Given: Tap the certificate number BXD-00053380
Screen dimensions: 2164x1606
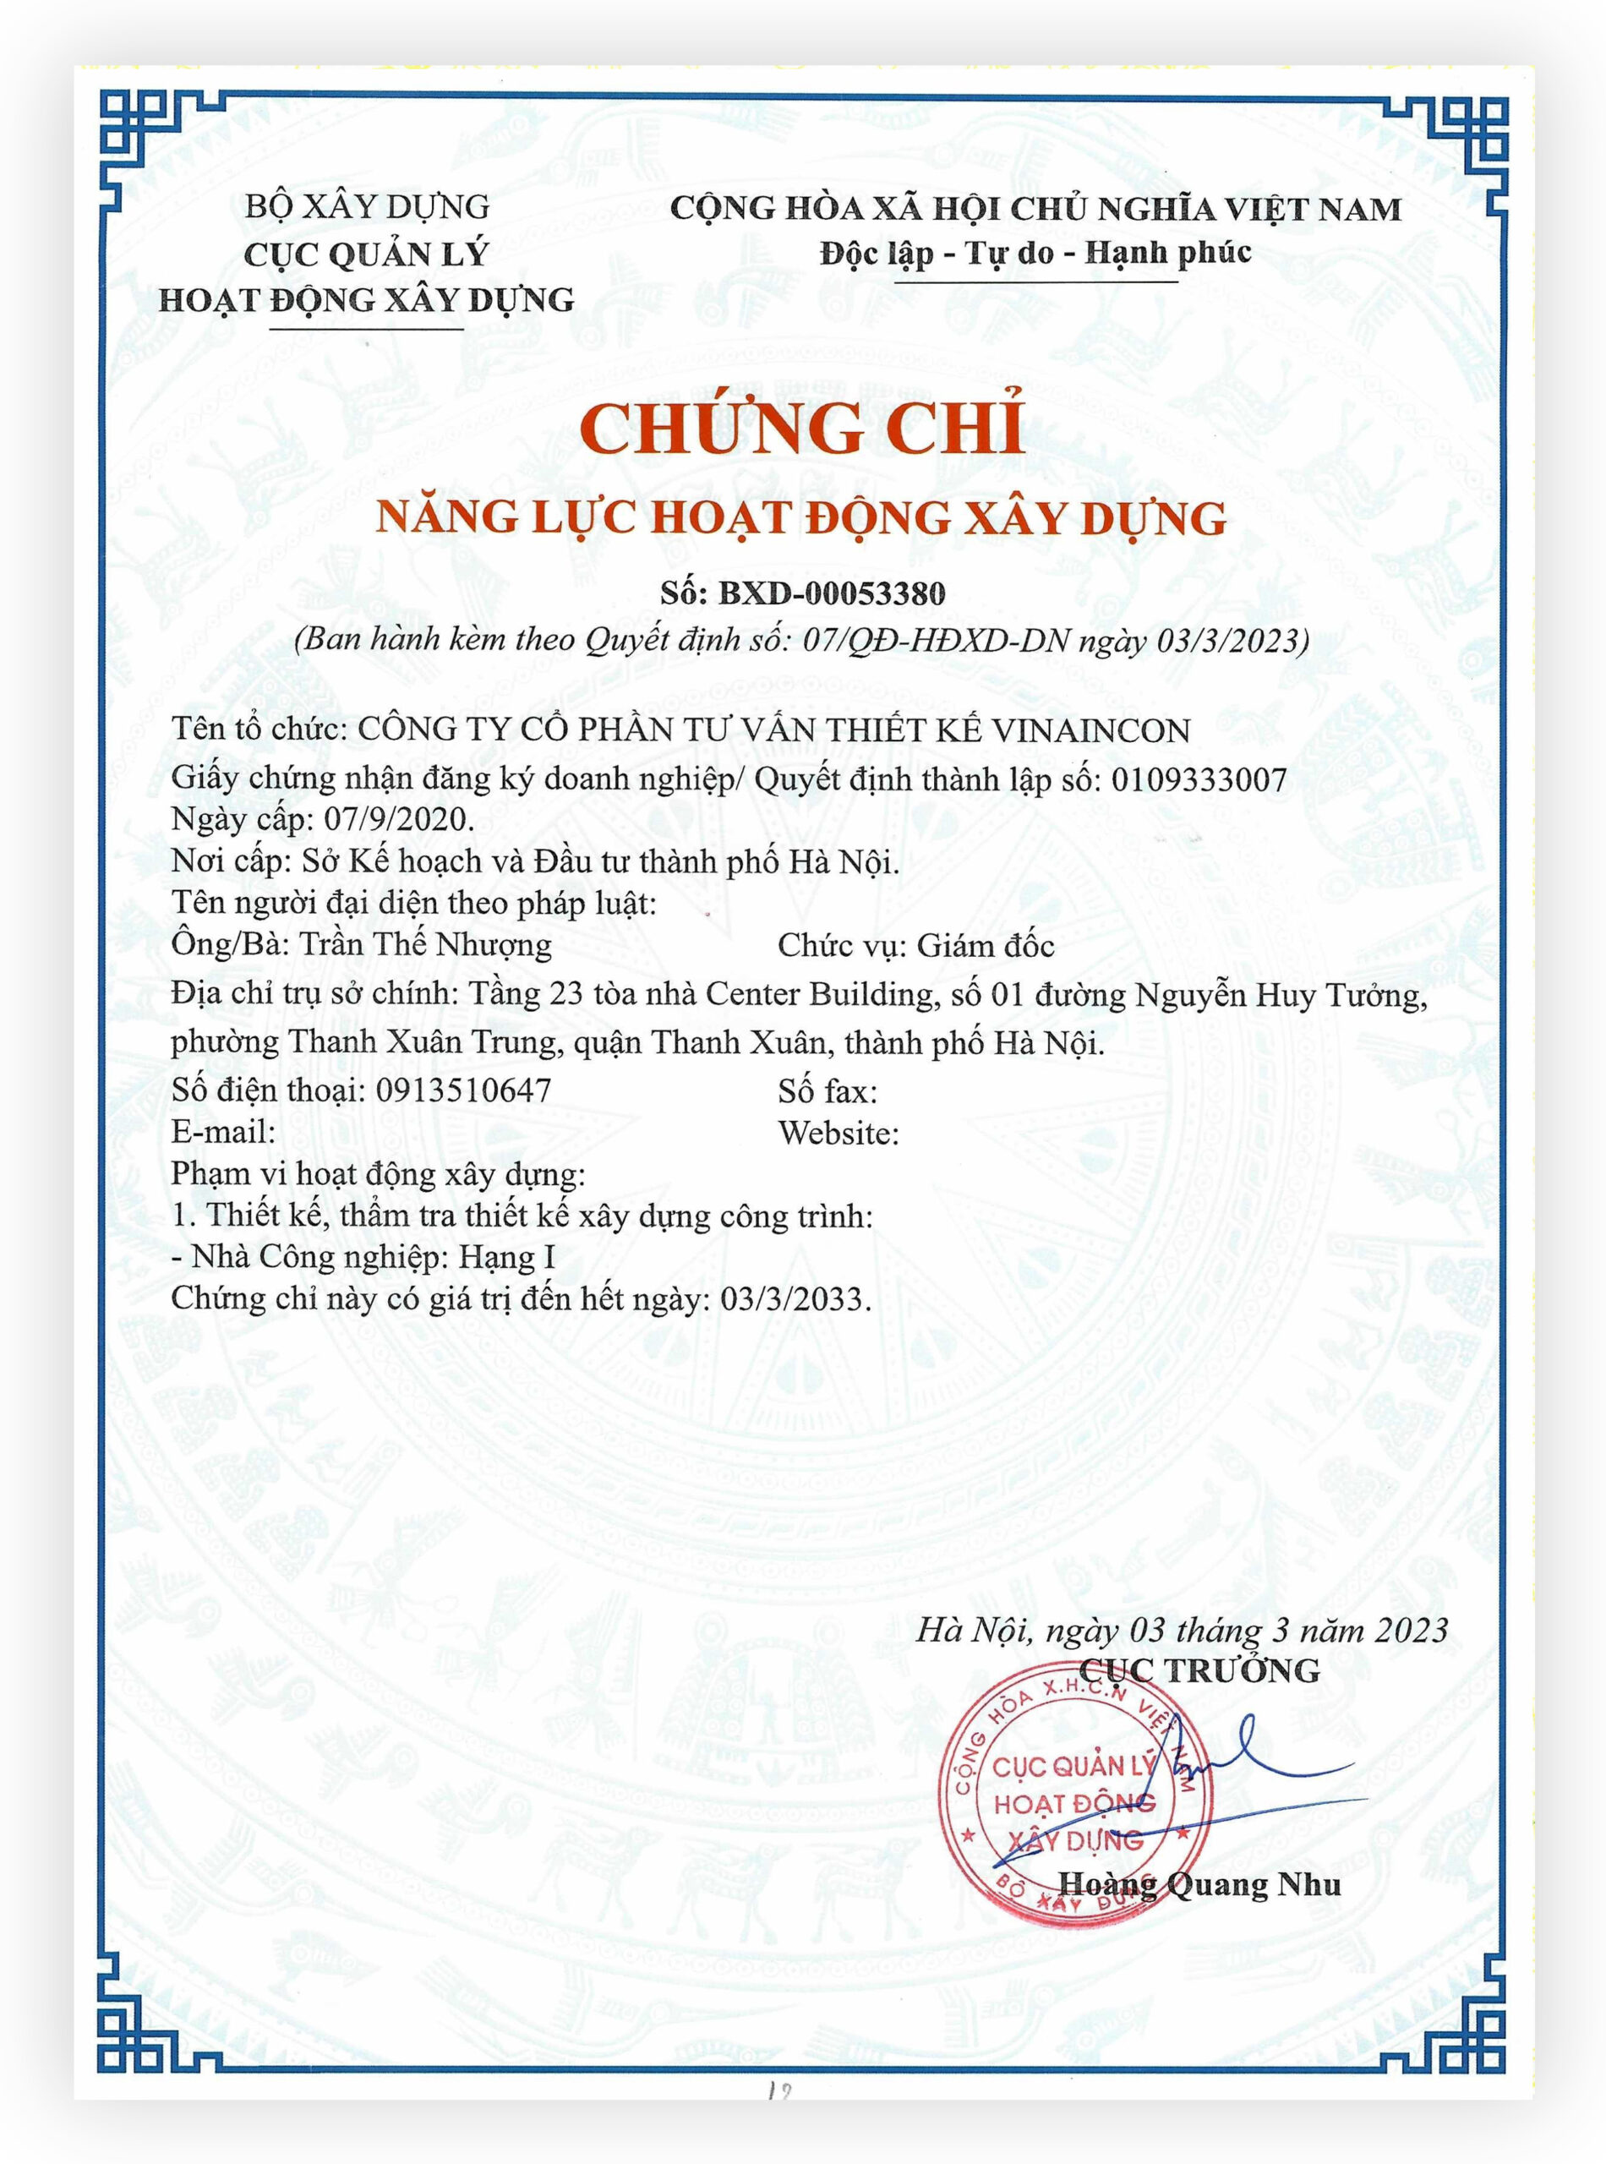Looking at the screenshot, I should point(831,593).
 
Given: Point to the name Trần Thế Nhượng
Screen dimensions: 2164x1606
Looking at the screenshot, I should point(425,945).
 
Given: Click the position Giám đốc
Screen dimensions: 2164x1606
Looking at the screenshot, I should point(986,946).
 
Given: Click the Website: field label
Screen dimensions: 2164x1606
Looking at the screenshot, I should point(838,1134).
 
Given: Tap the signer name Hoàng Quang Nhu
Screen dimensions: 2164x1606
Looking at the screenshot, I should point(1199,1884).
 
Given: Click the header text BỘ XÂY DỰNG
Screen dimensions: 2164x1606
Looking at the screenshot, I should point(367,206).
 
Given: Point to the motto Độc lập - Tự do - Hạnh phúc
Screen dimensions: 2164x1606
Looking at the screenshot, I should point(1035,254).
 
